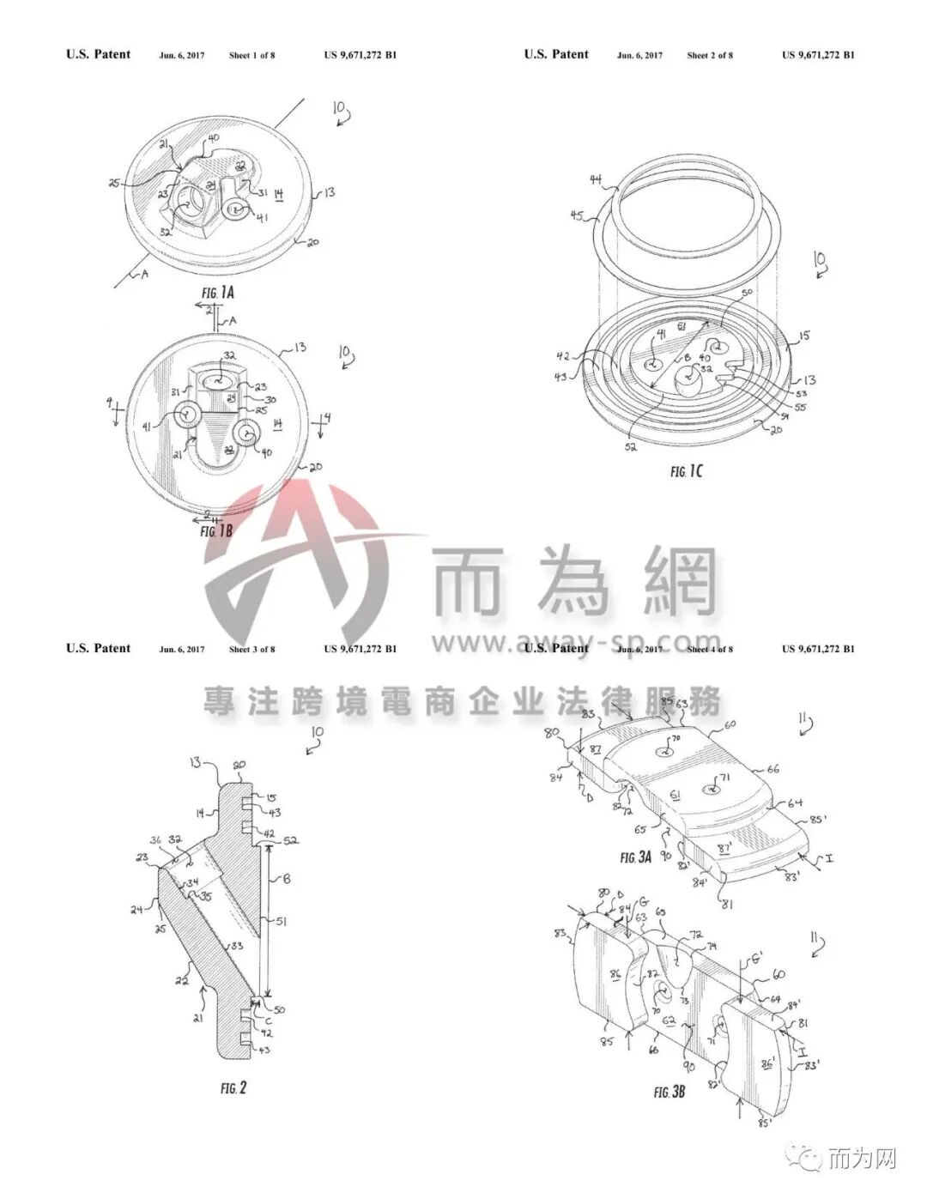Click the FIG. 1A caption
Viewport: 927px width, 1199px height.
pos(218,293)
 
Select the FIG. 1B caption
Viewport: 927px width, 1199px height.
pos(215,531)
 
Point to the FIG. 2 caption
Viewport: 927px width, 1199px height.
pos(233,1087)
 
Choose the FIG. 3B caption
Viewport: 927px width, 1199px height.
pos(669,1093)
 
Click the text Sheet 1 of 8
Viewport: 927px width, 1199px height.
pos(251,55)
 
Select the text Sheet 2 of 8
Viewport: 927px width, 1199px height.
pos(710,55)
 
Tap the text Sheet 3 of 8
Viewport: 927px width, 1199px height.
pos(251,649)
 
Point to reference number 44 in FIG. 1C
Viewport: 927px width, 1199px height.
pos(596,179)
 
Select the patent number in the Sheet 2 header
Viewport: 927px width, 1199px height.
pos(818,55)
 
